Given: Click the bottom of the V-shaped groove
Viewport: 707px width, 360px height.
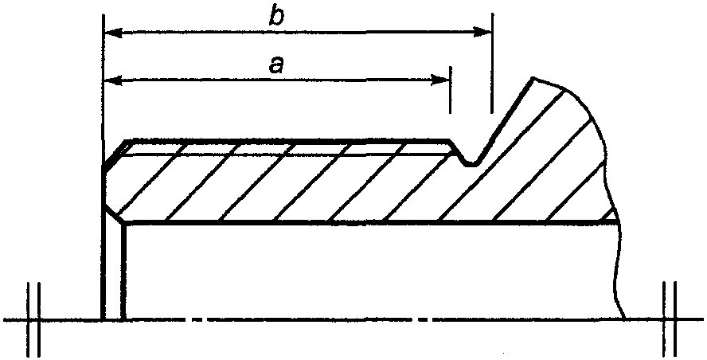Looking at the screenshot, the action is [471, 164].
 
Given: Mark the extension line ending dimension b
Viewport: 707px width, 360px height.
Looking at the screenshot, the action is [492, 64].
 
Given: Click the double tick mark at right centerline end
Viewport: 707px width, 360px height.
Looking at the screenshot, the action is [670, 320].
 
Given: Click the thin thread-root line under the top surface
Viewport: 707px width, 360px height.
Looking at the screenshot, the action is [287, 155].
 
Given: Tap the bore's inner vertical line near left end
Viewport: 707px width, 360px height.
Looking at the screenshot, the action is [124, 271].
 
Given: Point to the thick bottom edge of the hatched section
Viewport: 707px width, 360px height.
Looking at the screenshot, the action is [358, 222].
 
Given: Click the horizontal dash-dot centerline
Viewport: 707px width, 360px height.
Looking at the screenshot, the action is [358, 320].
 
